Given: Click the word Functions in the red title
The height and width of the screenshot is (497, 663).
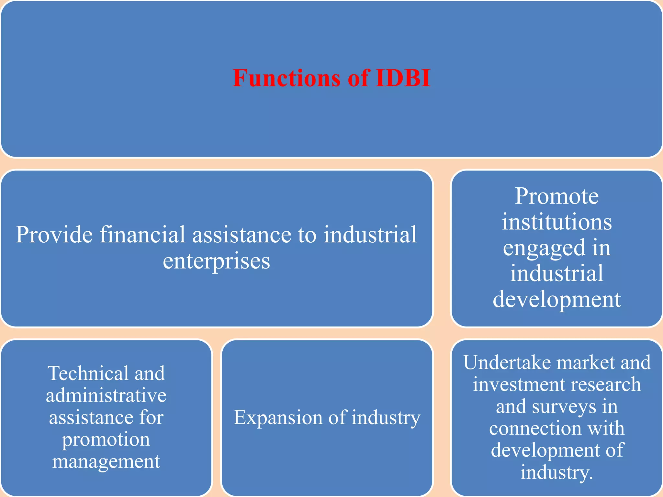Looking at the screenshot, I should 287,78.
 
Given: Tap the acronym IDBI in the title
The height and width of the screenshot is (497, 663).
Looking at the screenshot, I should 403,78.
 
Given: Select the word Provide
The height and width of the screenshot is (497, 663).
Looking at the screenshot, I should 54,235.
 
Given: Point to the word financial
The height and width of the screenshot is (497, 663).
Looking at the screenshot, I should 142,235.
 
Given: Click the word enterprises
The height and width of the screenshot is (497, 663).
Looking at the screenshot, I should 216,261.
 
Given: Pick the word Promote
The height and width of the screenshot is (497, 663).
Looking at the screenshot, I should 557,196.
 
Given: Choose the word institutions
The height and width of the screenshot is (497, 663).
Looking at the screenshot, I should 557,222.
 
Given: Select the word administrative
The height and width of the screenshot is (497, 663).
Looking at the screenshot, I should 106,395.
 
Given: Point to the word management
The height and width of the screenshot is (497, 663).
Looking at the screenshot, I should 106,461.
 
